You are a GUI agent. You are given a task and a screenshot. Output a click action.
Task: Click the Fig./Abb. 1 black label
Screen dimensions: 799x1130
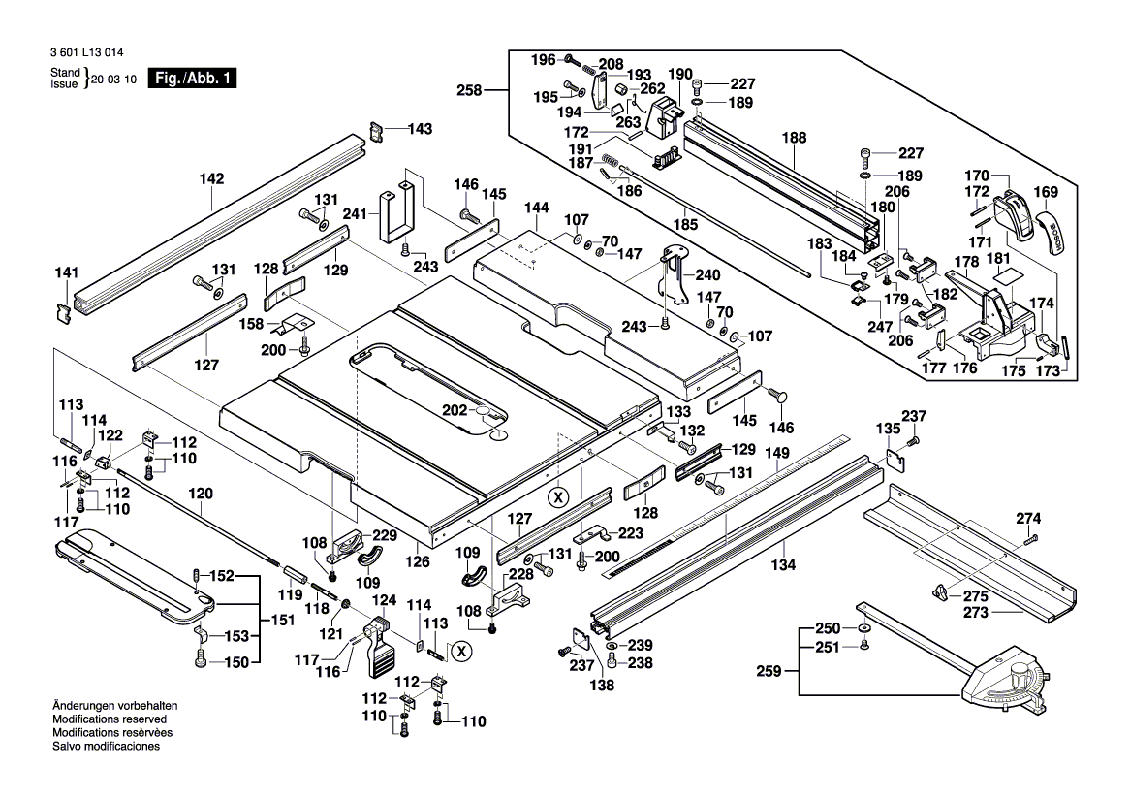(190, 79)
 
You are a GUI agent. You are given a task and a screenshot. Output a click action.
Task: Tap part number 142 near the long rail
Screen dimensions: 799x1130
(211, 179)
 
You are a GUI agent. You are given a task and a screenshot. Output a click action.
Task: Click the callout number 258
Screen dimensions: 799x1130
(470, 90)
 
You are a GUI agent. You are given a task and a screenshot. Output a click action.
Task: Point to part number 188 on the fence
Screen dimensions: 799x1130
(794, 139)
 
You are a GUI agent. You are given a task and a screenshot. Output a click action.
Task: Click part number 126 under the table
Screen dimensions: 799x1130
(418, 559)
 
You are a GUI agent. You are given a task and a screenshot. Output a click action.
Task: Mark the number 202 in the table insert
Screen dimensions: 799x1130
(455, 410)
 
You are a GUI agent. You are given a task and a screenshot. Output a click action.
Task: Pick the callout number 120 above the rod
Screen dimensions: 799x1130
(201, 493)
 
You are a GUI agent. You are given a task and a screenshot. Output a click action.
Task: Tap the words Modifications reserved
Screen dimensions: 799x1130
(109, 719)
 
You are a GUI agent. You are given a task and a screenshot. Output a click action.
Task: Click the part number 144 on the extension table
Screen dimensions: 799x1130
(537, 208)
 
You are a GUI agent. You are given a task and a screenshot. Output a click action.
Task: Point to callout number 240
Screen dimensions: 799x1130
(707, 275)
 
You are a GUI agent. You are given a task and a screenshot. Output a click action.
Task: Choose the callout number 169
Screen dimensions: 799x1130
(1047, 192)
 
